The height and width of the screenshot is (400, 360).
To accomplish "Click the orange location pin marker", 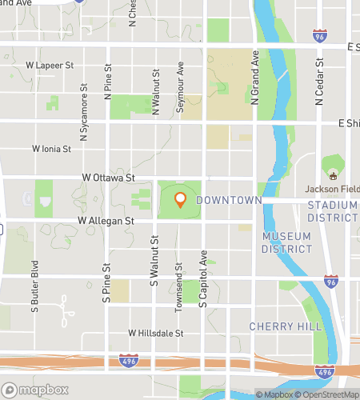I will click(180, 199).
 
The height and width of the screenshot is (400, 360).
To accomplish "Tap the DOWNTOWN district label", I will click(229, 199).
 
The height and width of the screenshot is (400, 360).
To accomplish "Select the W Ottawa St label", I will click(107, 178).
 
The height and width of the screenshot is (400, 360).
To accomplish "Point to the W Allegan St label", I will click(105, 219).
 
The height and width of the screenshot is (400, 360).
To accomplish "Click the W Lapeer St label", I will click(50, 65).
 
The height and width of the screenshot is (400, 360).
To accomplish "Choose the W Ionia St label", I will click(52, 149).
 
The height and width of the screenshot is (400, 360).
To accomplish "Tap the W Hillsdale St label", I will click(156, 333).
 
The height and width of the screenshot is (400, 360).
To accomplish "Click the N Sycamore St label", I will click(84, 101).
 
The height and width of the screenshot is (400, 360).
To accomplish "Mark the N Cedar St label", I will click(318, 81).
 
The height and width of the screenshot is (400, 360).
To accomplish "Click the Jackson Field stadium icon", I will click(333, 174).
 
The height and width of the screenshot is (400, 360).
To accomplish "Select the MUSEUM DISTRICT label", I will click(287, 242).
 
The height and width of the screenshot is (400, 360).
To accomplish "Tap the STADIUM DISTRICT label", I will click(333, 211).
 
